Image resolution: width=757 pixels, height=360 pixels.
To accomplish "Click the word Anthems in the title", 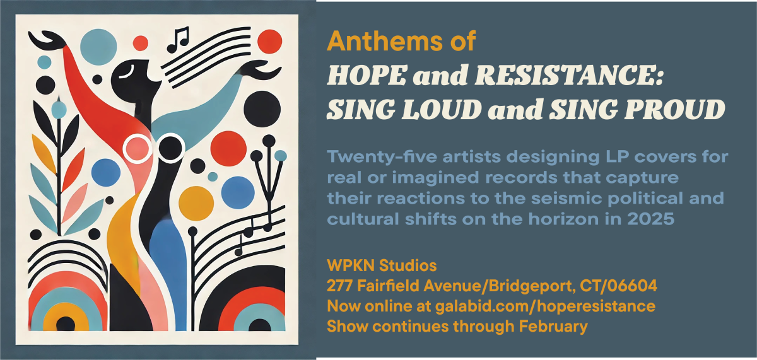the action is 384,41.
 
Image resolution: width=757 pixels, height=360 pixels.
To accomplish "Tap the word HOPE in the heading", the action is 367,75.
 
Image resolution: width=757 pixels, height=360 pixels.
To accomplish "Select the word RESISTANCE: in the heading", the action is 570,75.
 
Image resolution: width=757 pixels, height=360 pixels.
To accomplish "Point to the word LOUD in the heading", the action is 442,110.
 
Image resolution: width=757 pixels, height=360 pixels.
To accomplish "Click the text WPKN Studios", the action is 382,265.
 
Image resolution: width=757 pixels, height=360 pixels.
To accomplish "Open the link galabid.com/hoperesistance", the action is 545,306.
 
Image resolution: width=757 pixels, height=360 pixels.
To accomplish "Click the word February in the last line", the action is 553,327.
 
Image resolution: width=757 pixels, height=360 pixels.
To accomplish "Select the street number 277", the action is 340,286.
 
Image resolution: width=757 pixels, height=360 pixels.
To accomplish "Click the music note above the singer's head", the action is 178,40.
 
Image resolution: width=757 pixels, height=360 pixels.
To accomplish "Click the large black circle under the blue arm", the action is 262,109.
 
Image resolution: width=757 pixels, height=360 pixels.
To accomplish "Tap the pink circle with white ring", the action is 138,149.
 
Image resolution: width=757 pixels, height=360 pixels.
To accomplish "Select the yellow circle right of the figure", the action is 196,203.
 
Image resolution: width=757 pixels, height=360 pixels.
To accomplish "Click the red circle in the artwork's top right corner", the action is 270,42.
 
